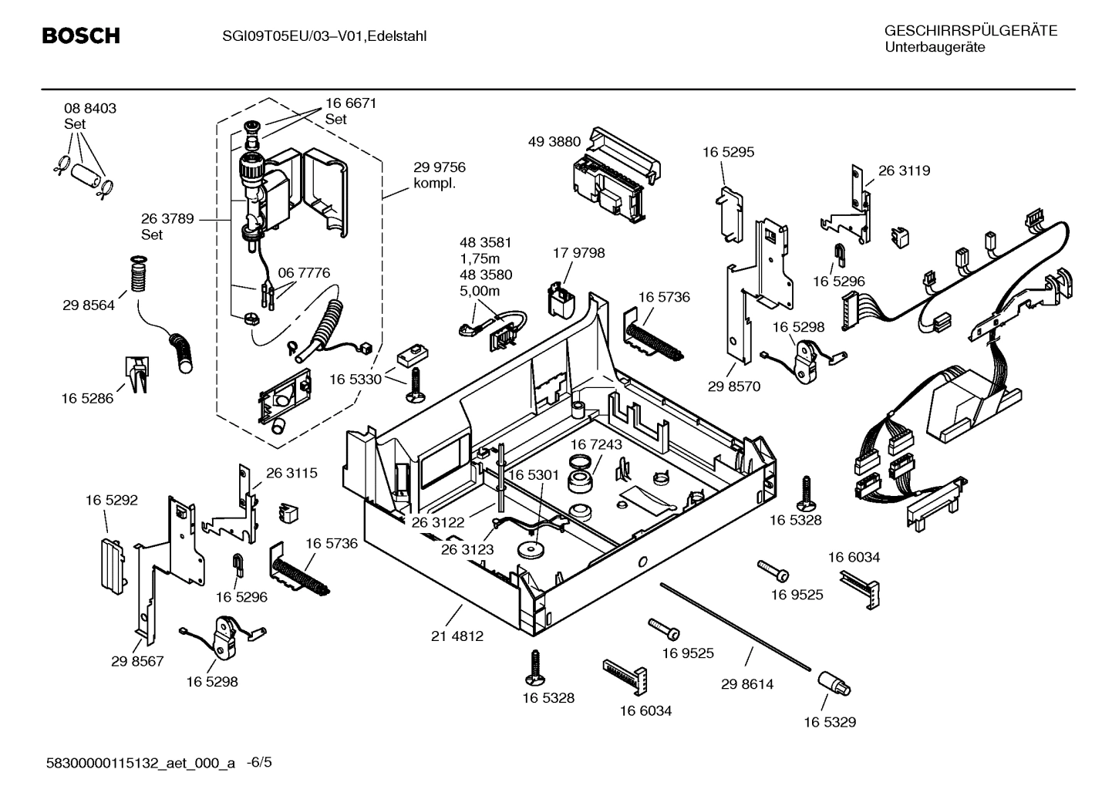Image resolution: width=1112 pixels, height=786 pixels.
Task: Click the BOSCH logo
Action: click(x=80, y=35)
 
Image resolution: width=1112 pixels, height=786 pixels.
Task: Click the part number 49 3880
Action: click(x=554, y=142)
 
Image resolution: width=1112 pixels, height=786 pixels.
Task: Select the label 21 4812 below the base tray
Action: click(x=457, y=636)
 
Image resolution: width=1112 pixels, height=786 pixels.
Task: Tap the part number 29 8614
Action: click(x=747, y=684)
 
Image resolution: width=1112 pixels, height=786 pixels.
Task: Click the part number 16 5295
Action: click(x=728, y=152)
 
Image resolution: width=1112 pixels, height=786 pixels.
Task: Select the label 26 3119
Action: click(x=904, y=170)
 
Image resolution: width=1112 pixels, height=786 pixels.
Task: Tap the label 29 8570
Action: click(x=733, y=386)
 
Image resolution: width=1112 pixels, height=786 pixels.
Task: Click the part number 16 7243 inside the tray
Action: click(x=596, y=445)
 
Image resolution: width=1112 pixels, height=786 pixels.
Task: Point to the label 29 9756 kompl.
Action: click(x=439, y=175)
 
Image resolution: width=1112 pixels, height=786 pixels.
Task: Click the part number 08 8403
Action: click(x=90, y=109)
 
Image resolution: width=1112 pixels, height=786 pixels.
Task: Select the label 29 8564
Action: click(x=89, y=305)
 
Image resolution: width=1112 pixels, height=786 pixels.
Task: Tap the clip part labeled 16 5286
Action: click(x=136, y=373)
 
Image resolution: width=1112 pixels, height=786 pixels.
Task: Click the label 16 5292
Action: click(x=111, y=501)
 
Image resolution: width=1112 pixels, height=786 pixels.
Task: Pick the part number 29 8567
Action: click(x=137, y=662)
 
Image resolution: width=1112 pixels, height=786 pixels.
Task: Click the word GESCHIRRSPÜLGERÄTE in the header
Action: click(x=970, y=32)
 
